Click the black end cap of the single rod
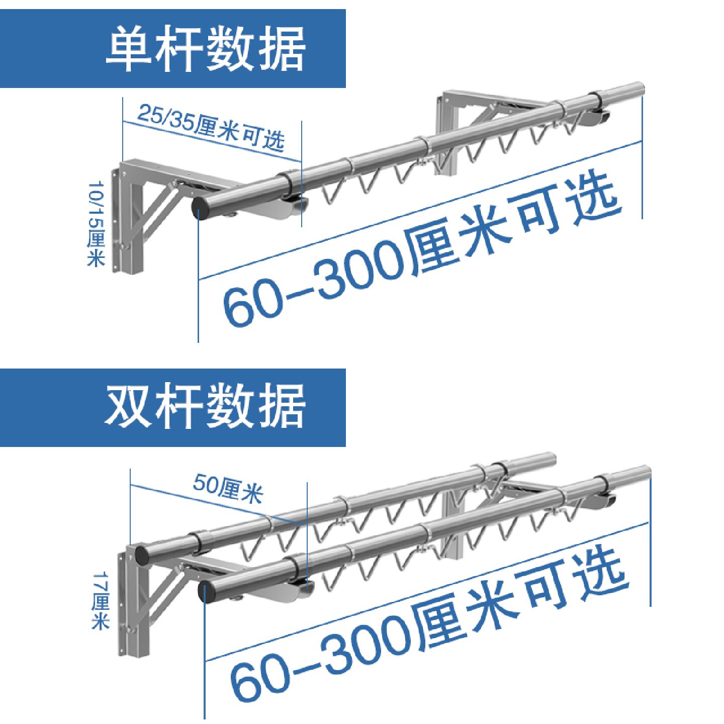200,208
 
